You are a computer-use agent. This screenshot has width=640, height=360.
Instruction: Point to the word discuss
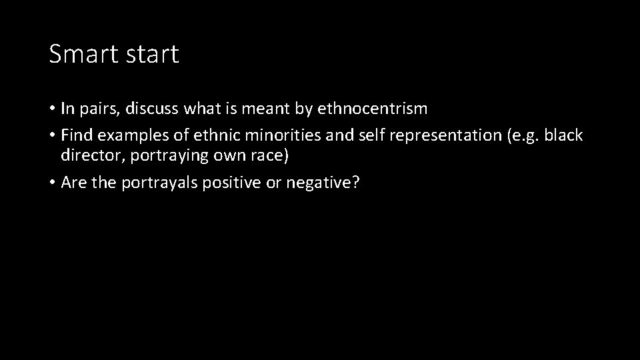(153, 108)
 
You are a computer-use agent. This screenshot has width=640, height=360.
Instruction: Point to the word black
(563, 135)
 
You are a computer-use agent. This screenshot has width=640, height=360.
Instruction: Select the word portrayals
(159, 183)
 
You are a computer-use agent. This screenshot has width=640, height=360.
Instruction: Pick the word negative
(322, 183)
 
